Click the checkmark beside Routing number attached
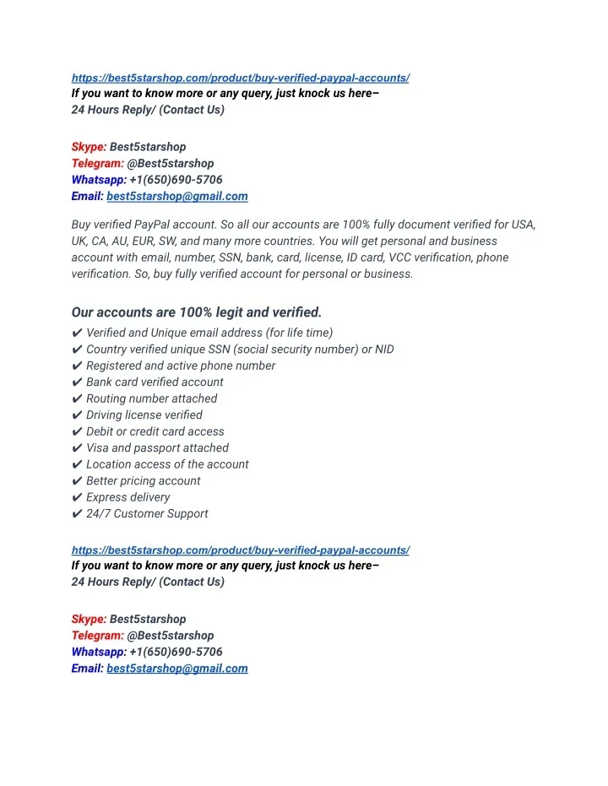click(x=77, y=398)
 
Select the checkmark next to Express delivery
click(x=77, y=497)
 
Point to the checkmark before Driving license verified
click(x=77, y=415)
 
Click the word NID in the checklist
click(x=383, y=350)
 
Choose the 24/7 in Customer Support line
click(x=98, y=514)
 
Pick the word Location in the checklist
click(x=110, y=464)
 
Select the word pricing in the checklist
click(x=144, y=481)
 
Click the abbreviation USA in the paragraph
click(x=524, y=225)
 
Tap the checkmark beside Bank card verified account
click(x=77, y=382)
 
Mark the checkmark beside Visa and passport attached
click(x=77, y=448)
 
